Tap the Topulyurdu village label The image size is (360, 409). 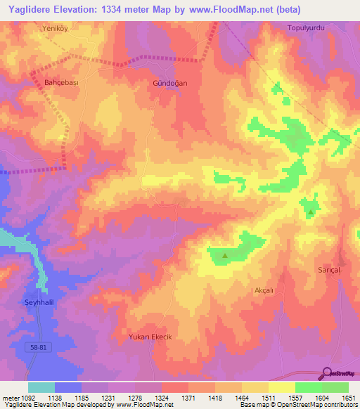[304, 28]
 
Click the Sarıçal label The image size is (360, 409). [328, 270]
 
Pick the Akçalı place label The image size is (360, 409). [262, 290]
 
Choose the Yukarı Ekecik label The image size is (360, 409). [150, 337]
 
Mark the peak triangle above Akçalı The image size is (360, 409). [224, 256]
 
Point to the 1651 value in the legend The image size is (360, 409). [347, 398]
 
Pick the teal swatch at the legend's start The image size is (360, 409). [41, 387]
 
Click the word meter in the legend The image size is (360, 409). [8, 398]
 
